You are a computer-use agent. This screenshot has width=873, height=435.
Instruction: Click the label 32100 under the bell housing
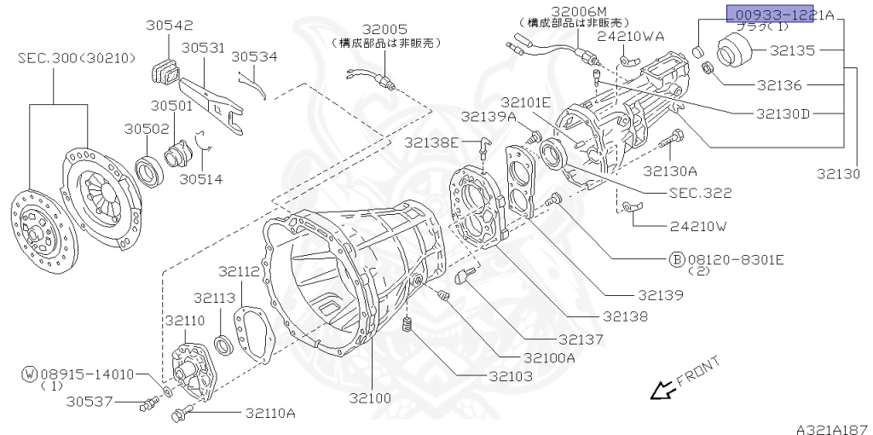pos(369,398)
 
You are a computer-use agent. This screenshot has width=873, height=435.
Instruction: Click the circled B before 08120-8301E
pos(676,257)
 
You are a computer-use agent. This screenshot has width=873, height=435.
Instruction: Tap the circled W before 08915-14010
pos(29,374)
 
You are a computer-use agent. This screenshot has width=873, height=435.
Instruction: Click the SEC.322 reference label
pos(700,194)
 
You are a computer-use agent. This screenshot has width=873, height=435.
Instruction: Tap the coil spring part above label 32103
pos(408,325)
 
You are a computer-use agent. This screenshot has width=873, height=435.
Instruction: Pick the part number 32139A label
pos(489,116)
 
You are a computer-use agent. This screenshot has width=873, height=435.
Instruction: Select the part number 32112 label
pos(238,271)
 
